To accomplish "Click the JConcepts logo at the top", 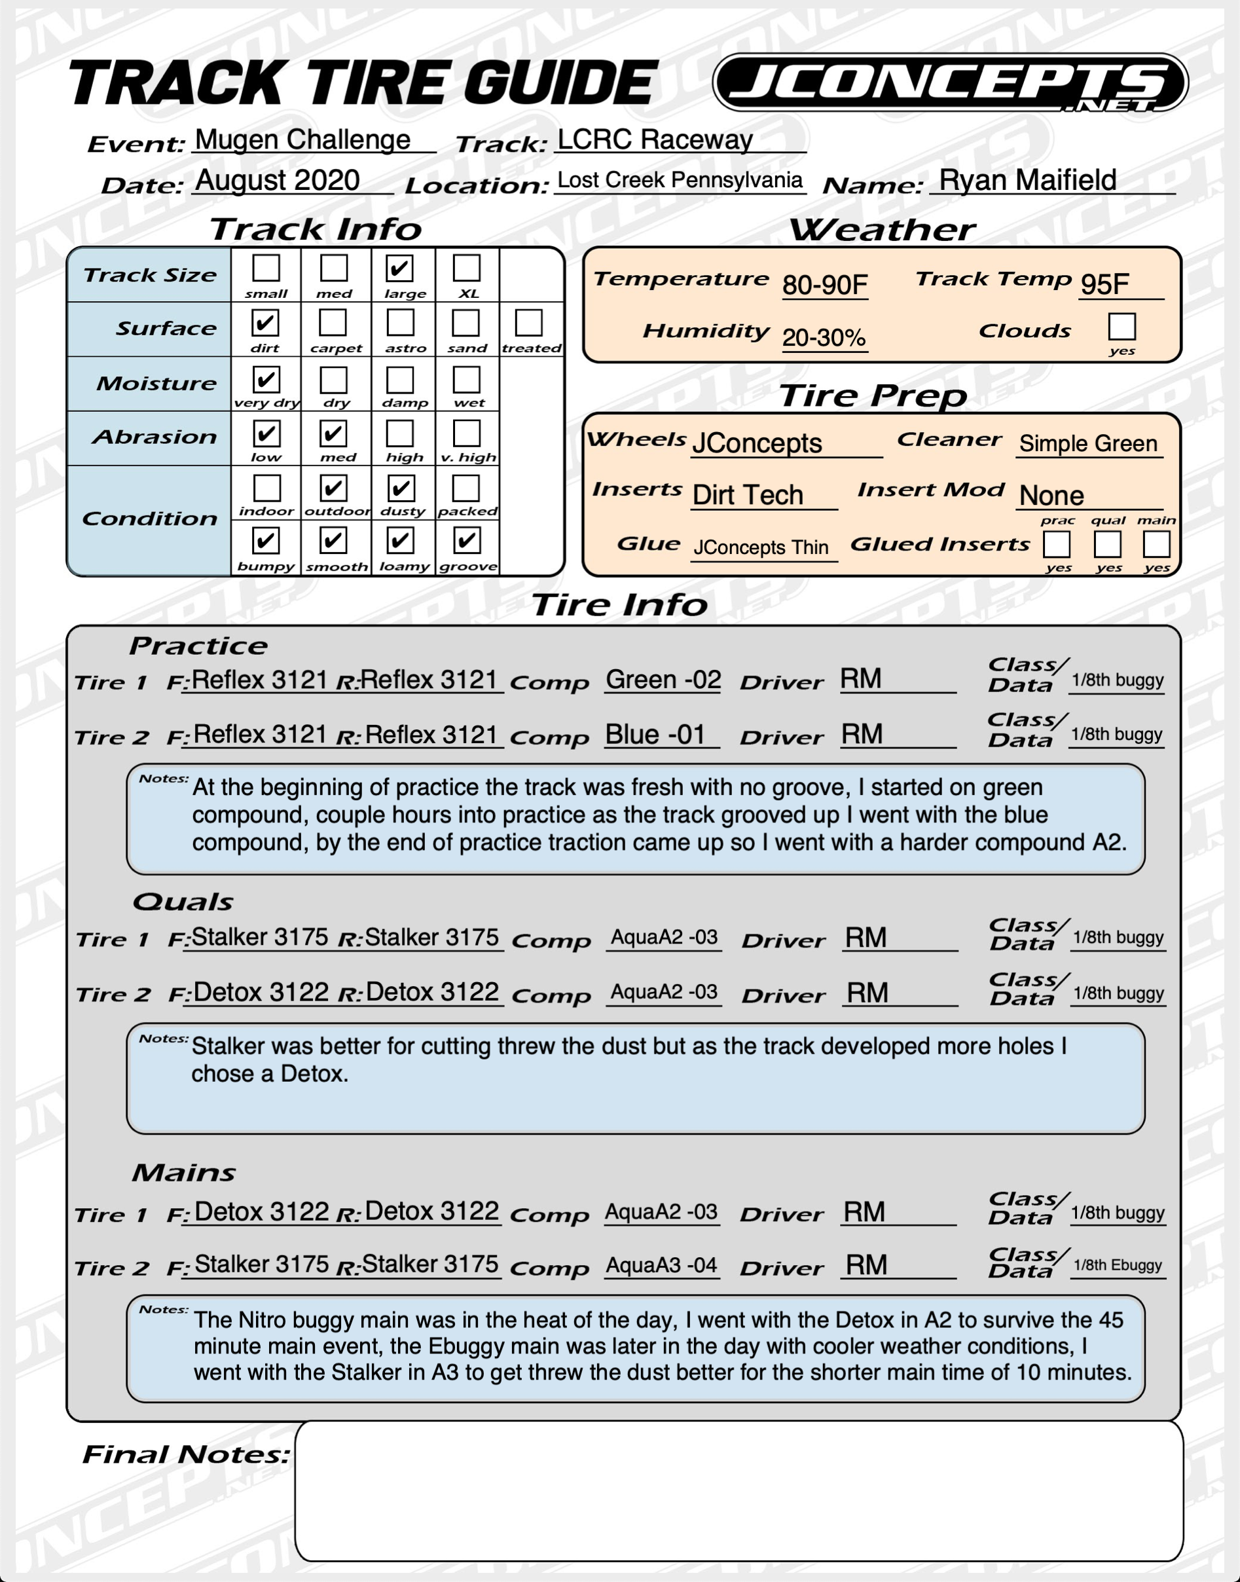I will (949, 82).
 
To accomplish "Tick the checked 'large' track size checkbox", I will (399, 268).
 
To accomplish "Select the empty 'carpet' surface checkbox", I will (333, 322).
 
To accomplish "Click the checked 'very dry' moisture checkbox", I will (266, 379).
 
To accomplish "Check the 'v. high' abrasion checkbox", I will (466, 433).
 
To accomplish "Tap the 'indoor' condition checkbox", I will (266, 488).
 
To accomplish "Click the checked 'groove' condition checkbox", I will (466, 540).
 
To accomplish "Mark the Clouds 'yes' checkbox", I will (1121, 327).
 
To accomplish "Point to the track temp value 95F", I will (1104, 284).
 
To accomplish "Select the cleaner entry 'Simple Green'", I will (1087, 443).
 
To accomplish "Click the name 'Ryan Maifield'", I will (1027, 180).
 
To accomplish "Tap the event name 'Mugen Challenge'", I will (302, 139).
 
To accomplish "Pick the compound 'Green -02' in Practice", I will (663, 680).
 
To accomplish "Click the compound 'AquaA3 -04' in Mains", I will (661, 1266).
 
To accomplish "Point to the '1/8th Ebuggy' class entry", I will (1118, 1266).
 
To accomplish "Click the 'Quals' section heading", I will (183, 902).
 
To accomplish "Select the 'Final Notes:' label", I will (186, 1454).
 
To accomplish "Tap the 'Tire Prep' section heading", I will (873, 396).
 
